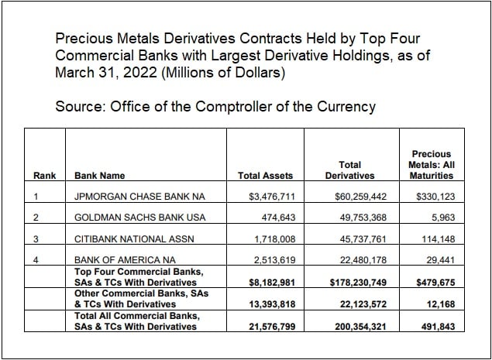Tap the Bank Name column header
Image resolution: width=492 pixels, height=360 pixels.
tap(99, 176)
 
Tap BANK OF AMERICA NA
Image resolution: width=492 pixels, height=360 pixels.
tap(121, 261)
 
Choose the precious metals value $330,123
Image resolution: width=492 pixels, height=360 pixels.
tap(435, 197)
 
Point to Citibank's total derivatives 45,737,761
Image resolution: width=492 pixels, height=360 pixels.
tap(356, 240)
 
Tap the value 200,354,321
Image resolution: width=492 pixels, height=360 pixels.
tap(353, 327)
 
